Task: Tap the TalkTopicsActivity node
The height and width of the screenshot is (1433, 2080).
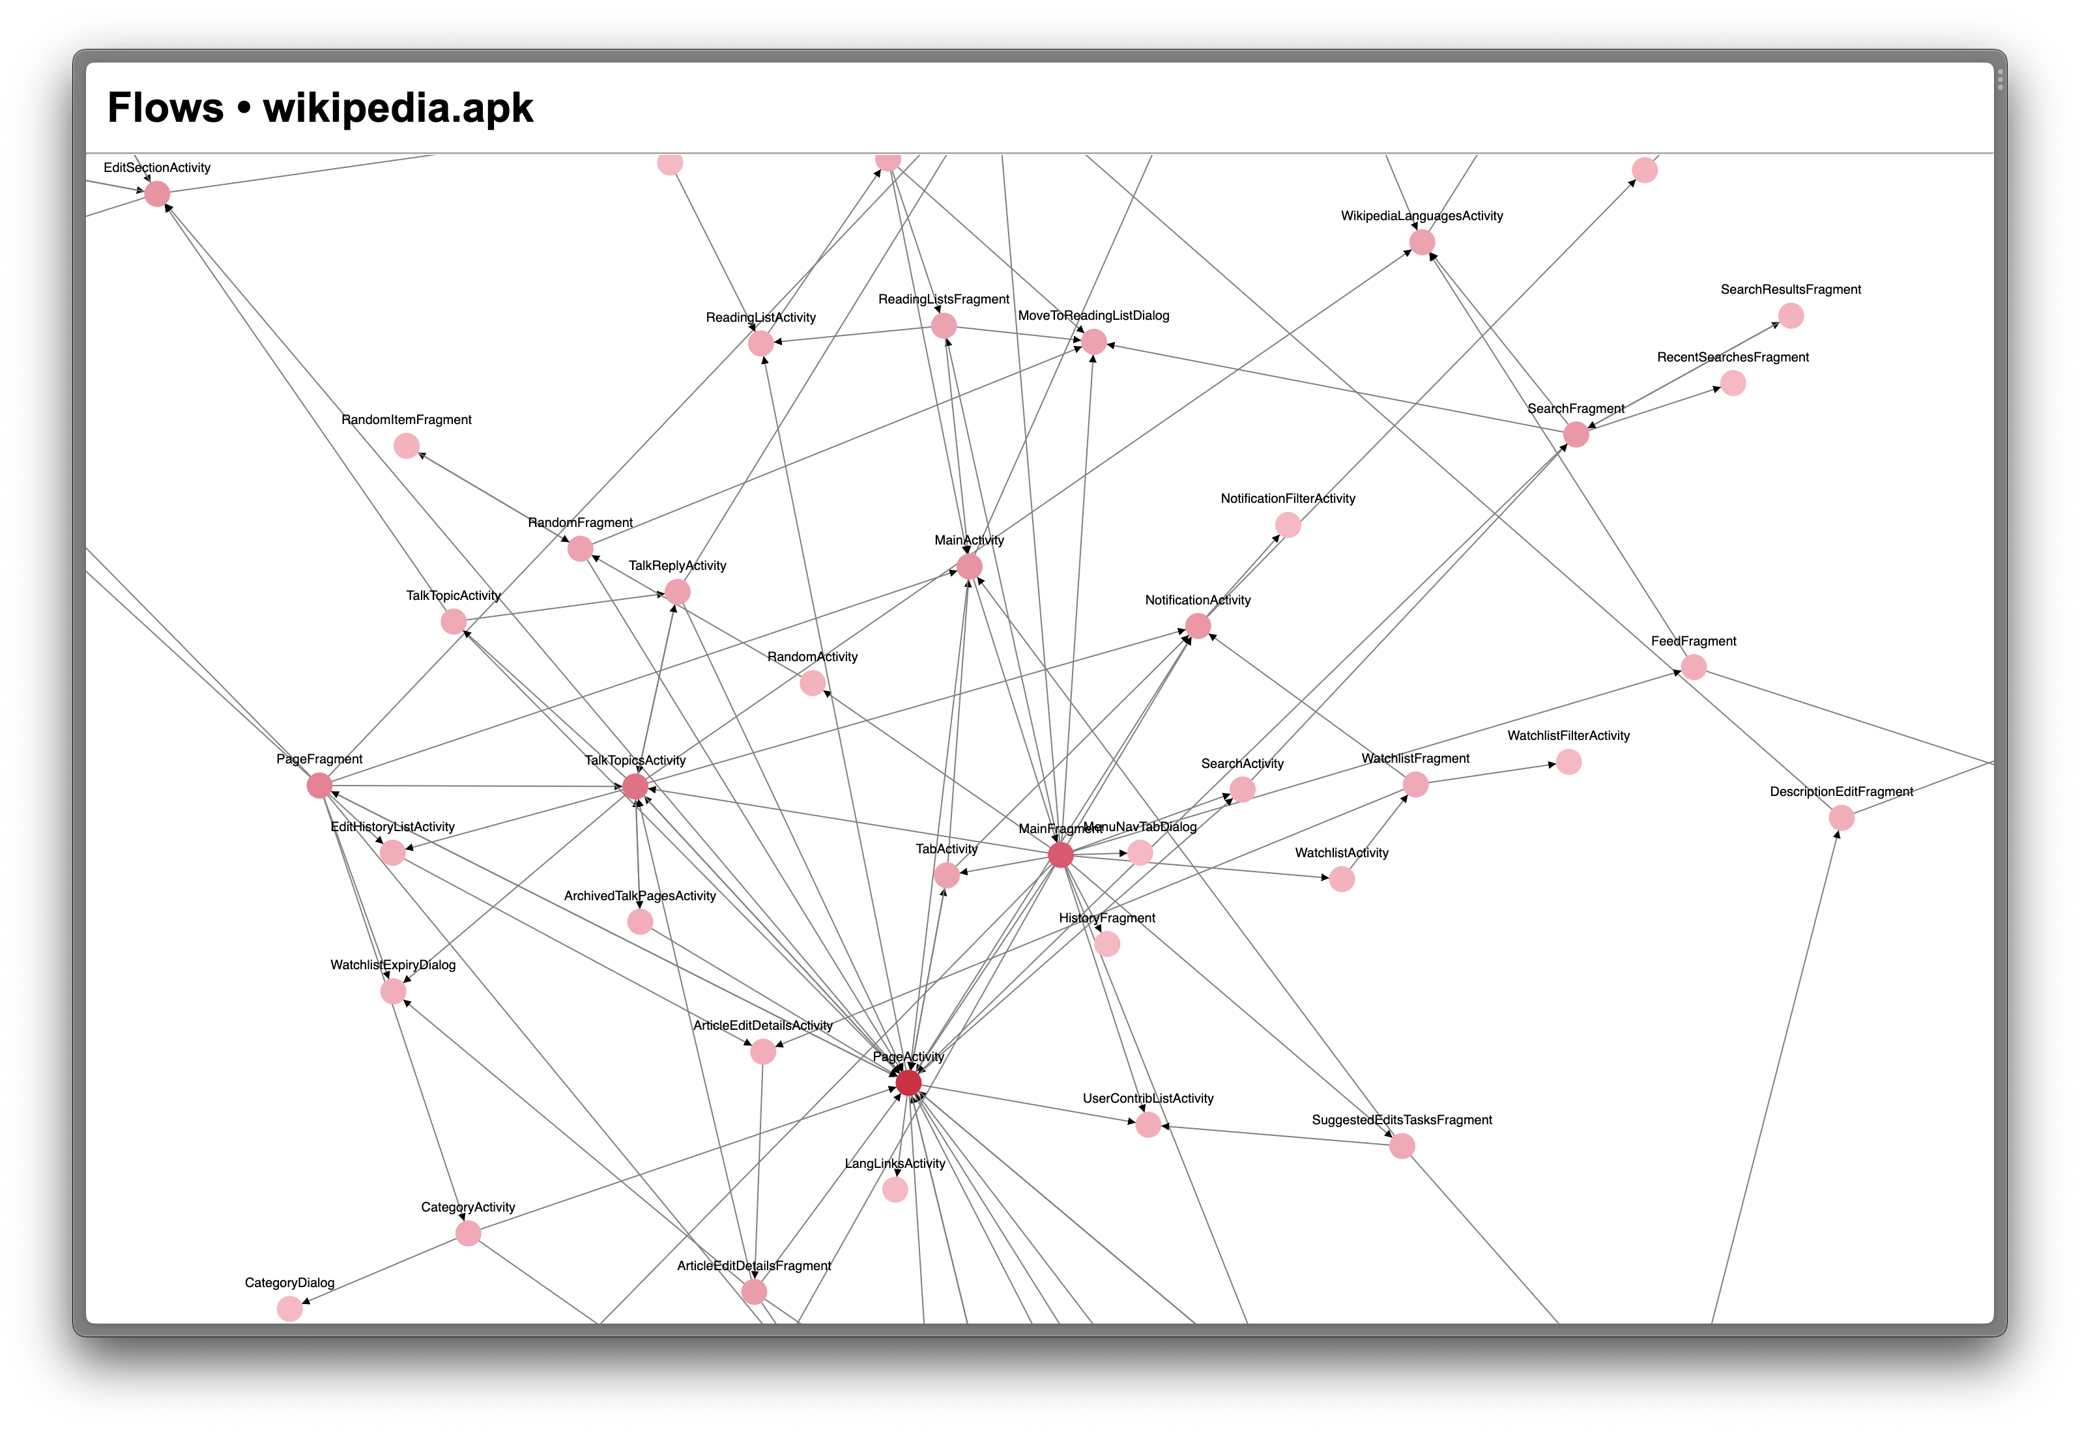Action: click(x=635, y=787)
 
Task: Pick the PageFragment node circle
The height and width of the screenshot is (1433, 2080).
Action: click(x=319, y=786)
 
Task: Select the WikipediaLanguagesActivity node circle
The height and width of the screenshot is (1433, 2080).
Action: click(x=1422, y=242)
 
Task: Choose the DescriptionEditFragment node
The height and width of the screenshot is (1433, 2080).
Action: click(x=1841, y=818)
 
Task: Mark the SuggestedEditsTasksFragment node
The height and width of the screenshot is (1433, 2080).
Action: click(x=1402, y=1146)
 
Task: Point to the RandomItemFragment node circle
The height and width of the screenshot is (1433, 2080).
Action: click(x=406, y=446)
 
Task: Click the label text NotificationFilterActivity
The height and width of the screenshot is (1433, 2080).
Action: click(x=1287, y=498)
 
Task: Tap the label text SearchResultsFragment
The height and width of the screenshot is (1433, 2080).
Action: click(x=1790, y=289)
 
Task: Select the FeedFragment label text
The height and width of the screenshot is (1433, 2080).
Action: click(x=1693, y=641)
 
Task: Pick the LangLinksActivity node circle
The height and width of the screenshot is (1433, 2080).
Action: click(x=895, y=1189)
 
